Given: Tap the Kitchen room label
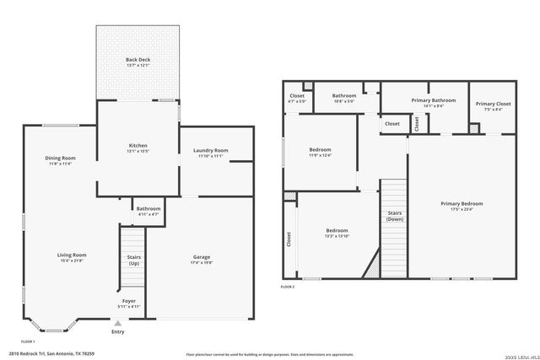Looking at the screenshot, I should (x=138, y=146).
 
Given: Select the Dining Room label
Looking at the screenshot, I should (x=60, y=158).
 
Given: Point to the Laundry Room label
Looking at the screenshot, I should (x=211, y=150).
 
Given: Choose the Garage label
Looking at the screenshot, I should (x=201, y=256).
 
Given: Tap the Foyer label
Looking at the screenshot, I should (x=127, y=300).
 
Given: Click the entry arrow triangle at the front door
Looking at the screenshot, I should (x=117, y=323).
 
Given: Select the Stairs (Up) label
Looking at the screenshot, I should (x=133, y=260).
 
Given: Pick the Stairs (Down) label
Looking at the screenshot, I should (x=394, y=216).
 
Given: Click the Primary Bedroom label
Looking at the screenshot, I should (x=462, y=203).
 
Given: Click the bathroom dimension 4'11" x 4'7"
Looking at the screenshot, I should (x=148, y=214).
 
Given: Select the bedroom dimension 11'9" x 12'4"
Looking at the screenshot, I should (x=320, y=155).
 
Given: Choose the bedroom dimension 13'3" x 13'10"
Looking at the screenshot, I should (x=337, y=236).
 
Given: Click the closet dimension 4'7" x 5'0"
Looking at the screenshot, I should (x=297, y=101).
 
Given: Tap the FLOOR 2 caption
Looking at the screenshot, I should (x=288, y=287).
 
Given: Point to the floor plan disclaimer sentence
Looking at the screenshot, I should (x=269, y=354).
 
